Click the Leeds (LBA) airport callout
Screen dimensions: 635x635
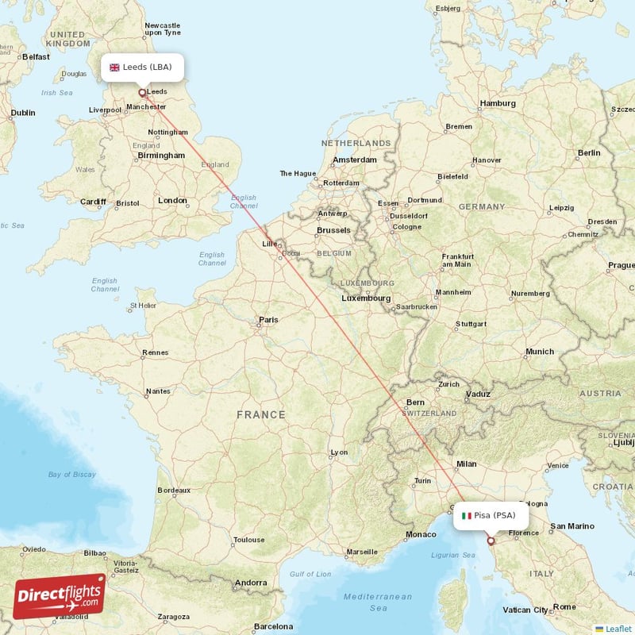(142, 67)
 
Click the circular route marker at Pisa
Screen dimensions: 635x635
(491, 541)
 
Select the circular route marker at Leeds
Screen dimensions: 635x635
(142, 92)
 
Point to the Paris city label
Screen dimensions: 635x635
(268, 320)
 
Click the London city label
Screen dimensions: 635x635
(172, 201)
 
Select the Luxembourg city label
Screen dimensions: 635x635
(366, 298)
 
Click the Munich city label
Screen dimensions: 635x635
(540, 352)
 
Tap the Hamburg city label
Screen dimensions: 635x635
(498, 103)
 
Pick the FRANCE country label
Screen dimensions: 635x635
(260, 414)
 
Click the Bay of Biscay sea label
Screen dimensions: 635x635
(71, 475)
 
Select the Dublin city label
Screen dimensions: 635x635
(22, 113)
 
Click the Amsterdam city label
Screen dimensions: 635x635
(355, 160)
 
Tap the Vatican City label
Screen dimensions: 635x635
(525, 610)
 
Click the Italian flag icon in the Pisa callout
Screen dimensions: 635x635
(467, 515)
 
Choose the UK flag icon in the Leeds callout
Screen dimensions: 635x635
(114, 67)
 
